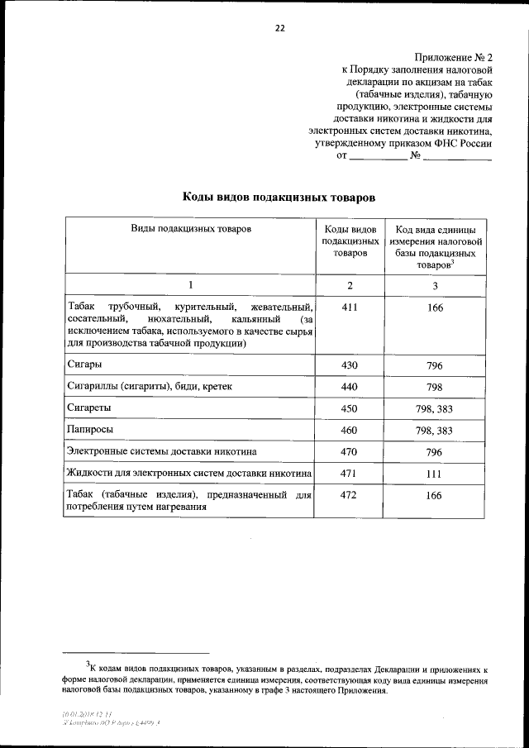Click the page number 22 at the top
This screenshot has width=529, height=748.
point(279,27)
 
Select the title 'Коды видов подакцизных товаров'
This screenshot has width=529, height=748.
point(279,198)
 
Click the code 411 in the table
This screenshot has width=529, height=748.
point(350,307)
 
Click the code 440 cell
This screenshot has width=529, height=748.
point(350,387)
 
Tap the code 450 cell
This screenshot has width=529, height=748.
point(350,408)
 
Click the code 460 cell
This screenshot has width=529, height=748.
point(350,430)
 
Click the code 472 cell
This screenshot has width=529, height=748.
point(350,495)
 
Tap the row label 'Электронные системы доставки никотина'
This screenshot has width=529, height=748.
point(161,451)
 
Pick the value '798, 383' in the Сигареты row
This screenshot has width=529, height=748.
point(435,408)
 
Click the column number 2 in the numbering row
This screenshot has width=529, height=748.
point(350,285)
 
